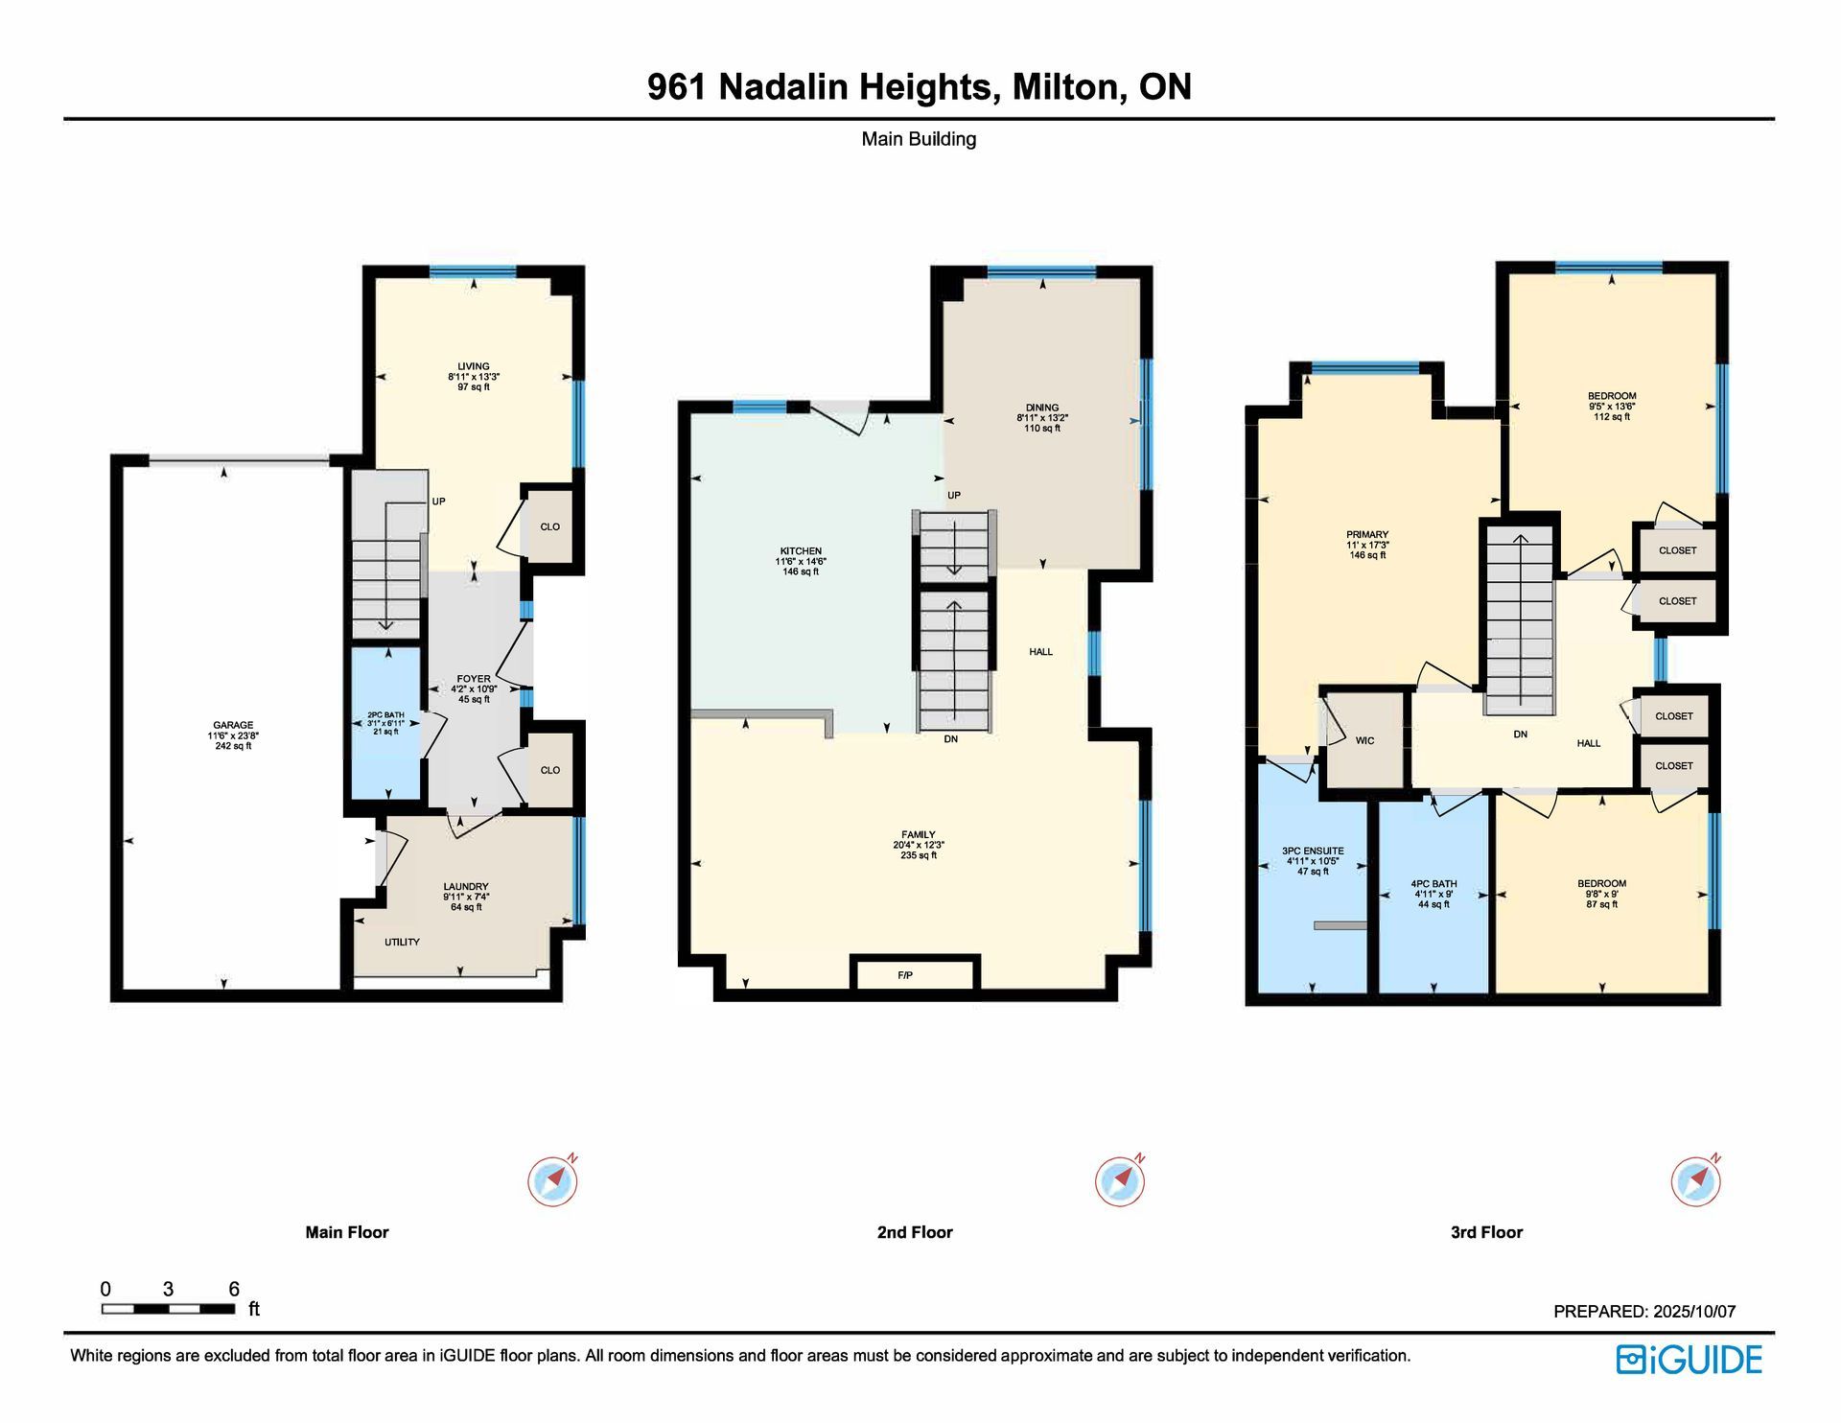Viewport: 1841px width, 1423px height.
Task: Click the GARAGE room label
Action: click(x=233, y=726)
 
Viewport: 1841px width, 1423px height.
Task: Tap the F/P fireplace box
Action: click(x=915, y=974)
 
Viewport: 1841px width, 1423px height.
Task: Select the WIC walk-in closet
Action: click(x=1364, y=740)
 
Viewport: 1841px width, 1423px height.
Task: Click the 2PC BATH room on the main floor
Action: click(x=385, y=723)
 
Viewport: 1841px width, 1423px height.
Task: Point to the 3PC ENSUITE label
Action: click(x=1313, y=851)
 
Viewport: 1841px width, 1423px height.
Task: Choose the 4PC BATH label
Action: click(x=1433, y=884)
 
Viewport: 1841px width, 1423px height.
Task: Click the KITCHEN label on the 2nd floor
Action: click(x=801, y=551)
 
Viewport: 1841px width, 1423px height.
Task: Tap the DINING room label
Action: click(x=1042, y=408)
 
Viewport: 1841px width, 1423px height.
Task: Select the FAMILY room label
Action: click(x=919, y=834)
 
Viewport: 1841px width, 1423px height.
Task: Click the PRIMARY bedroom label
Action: click(x=1367, y=535)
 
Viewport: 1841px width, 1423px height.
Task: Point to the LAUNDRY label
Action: click(x=466, y=887)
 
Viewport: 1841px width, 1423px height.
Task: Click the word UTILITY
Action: click(x=402, y=942)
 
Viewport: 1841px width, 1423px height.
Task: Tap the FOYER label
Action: click(x=474, y=679)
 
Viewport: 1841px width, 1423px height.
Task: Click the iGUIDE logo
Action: click(x=1690, y=1360)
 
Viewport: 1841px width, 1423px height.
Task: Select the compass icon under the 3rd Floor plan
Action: click(x=1696, y=1180)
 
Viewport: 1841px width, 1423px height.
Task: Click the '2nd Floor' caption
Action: click(x=915, y=1232)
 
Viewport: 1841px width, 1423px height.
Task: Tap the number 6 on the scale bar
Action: click(x=234, y=1289)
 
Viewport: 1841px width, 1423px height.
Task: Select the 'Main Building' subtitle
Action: click(x=919, y=139)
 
